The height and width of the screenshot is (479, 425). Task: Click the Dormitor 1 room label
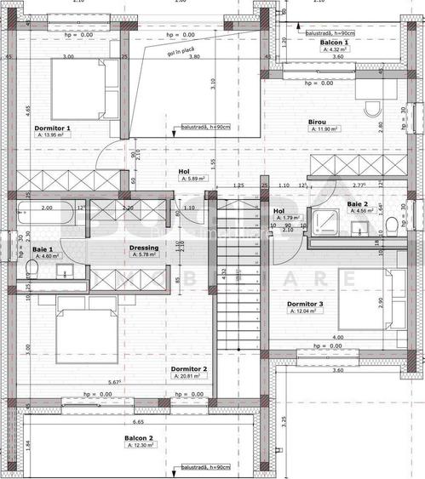[52, 128]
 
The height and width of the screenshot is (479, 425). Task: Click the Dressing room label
[143, 248]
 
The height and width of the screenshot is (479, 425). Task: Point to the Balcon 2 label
[138, 438]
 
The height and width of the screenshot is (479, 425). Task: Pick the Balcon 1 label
[334, 42]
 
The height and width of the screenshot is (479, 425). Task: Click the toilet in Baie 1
[32, 269]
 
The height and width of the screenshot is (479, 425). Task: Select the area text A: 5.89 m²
[183, 180]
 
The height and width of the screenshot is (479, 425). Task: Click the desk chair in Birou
[372, 108]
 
